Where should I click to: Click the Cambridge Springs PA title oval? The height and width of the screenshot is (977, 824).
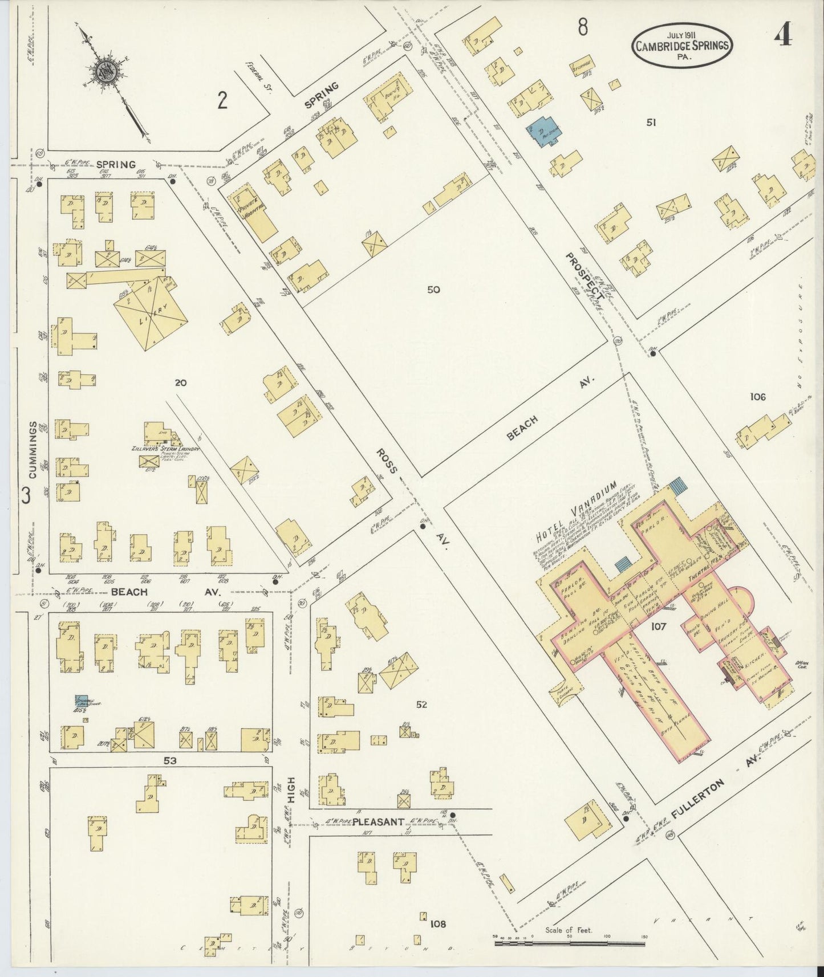(681, 44)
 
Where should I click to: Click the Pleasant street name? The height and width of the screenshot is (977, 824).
(378, 822)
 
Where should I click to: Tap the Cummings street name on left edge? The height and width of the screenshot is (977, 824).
(33, 450)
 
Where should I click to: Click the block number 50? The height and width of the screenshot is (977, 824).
(433, 290)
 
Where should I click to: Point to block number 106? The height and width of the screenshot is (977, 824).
(758, 397)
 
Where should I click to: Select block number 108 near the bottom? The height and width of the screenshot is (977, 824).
(438, 924)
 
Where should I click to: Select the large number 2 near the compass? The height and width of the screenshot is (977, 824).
(222, 101)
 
